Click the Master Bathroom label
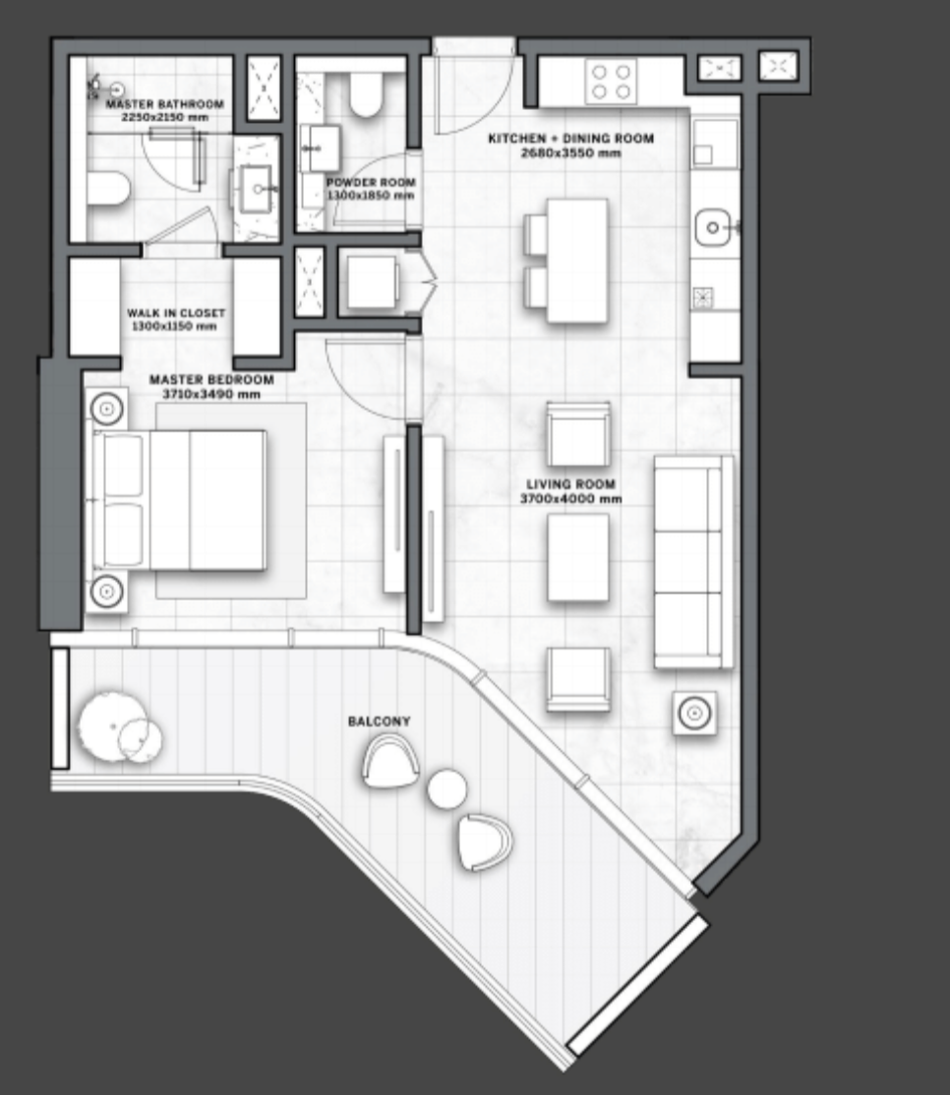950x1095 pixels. pyautogui.click(x=165, y=104)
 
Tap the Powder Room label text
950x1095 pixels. pyautogui.click(x=371, y=182)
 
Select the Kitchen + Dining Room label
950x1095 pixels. pyautogui.click(x=570, y=139)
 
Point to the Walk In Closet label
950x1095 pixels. pyautogui.click(x=176, y=313)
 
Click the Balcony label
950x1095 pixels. pyautogui.click(x=380, y=721)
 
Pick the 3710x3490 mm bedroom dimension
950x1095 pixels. pyautogui.click(x=211, y=394)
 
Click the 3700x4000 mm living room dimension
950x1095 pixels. pyautogui.click(x=570, y=498)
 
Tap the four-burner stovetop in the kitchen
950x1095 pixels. pyautogui.click(x=612, y=81)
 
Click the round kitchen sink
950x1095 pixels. pyautogui.click(x=712, y=228)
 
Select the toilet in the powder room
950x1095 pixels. pyautogui.click(x=366, y=94)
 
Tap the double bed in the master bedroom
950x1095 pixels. pyautogui.click(x=180, y=500)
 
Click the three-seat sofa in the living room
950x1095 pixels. pyautogui.click(x=693, y=562)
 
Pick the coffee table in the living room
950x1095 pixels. pyautogui.click(x=577, y=557)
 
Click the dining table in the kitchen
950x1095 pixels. pyautogui.click(x=577, y=260)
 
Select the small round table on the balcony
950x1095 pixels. pyautogui.click(x=447, y=788)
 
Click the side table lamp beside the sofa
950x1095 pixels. pyautogui.click(x=694, y=713)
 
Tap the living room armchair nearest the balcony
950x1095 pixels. pyautogui.click(x=578, y=679)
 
